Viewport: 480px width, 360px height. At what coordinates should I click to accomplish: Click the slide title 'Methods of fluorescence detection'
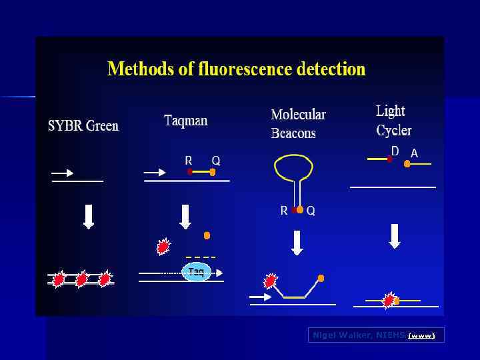[x=237, y=69]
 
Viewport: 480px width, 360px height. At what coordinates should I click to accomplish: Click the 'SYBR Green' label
[x=83, y=126]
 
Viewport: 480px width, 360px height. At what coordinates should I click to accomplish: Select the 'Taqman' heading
[x=186, y=121]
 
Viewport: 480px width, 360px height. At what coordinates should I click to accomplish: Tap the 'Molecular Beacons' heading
[x=298, y=123]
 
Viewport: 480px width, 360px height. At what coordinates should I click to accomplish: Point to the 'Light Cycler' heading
[x=393, y=120]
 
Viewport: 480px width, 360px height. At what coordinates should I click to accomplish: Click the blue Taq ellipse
[x=196, y=271]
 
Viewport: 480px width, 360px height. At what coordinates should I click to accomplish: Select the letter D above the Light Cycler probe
[x=395, y=152]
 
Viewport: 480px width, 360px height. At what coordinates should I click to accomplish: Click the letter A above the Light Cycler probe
[x=414, y=154]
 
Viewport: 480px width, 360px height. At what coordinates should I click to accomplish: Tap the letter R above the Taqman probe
[x=189, y=161]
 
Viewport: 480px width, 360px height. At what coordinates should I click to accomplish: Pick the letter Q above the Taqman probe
[x=216, y=161]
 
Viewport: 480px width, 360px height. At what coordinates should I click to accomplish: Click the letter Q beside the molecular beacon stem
[x=311, y=211]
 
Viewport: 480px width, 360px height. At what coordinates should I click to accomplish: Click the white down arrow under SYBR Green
[x=89, y=216]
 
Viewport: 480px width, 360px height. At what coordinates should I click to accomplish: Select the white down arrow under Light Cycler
[x=395, y=235]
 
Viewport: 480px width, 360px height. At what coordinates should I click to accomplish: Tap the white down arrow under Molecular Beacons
[x=297, y=242]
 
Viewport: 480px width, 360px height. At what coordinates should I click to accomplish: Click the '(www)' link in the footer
[x=421, y=335]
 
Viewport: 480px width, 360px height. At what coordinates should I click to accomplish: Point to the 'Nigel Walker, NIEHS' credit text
[x=358, y=335]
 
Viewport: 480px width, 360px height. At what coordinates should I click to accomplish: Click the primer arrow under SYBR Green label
[x=63, y=173]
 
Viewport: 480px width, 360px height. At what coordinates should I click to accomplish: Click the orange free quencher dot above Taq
[x=207, y=235]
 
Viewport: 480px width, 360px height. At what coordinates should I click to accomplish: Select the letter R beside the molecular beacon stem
[x=284, y=211]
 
